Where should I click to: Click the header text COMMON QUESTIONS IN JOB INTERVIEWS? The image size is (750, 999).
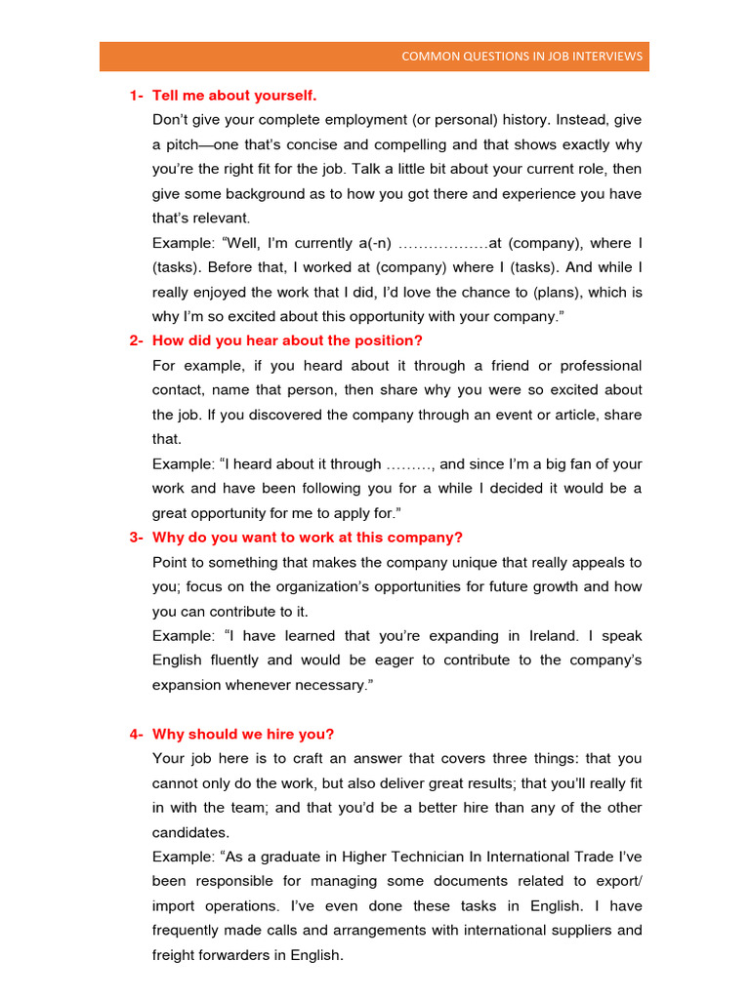(x=521, y=57)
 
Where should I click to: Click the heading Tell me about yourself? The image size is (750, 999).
(x=234, y=96)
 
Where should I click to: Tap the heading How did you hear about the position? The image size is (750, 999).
(x=287, y=340)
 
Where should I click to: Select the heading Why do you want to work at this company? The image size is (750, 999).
(x=308, y=538)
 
